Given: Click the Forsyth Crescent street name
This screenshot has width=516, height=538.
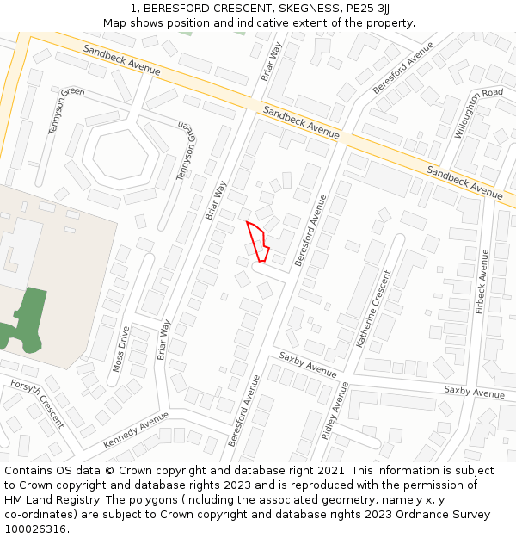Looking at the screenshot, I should pos(39,403).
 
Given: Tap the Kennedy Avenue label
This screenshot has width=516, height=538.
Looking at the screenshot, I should pos(136,430).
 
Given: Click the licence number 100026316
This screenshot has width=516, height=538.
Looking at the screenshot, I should pos(36,529).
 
